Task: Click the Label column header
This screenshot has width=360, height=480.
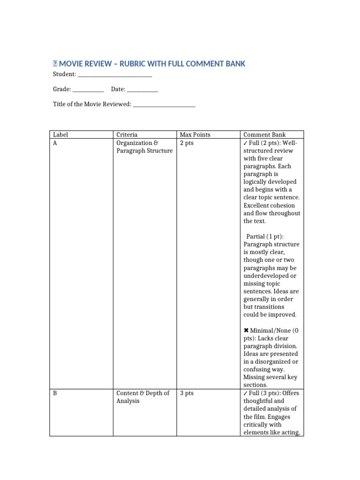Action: (60, 135)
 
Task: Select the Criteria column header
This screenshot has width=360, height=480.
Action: (127, 135)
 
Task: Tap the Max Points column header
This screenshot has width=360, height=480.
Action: (195, 135)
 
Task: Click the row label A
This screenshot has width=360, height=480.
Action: (55, 143)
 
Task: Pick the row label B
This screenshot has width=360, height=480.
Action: (55, 393)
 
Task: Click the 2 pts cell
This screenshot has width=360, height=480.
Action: (187, 143)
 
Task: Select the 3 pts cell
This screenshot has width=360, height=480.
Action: (187, 393)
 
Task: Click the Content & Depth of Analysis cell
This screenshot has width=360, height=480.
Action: (142, 397)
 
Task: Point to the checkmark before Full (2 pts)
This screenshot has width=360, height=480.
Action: (246, 143)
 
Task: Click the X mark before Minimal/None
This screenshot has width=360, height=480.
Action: (246, 330)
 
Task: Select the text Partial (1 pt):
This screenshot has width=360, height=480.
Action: (268, 237)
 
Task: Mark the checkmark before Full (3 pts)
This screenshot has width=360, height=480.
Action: (246, 393)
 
